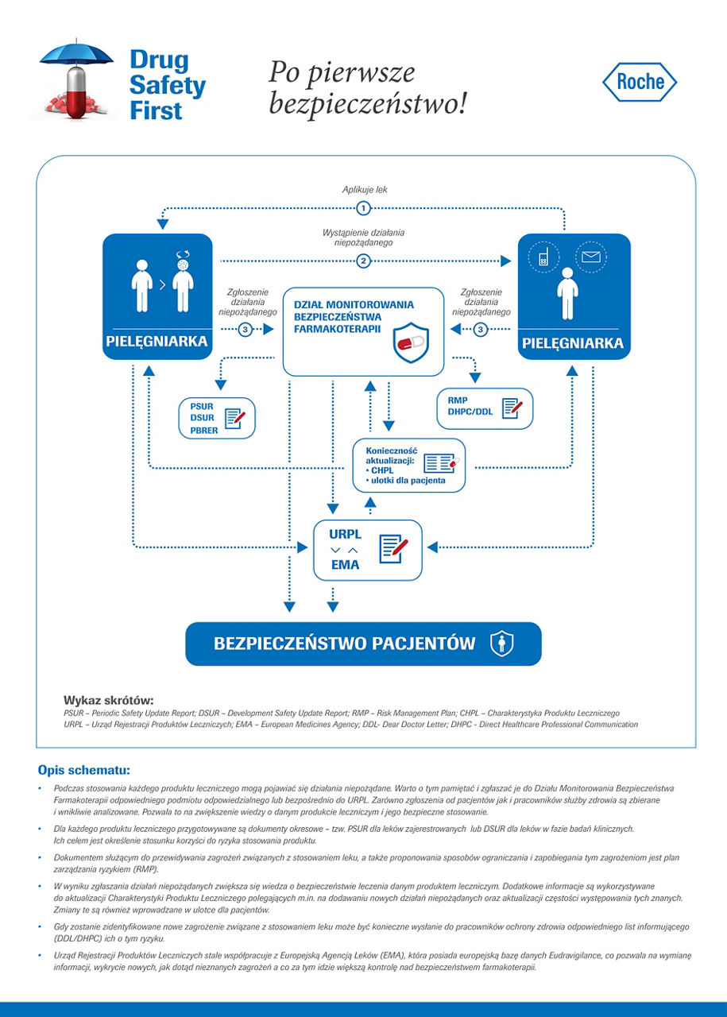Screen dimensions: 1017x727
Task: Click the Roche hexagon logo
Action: coord(640,82)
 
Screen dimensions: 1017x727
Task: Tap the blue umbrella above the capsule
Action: coord(77,54)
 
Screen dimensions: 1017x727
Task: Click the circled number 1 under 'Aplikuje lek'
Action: coord(364,208)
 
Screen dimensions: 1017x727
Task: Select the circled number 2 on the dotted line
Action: coord(364,260)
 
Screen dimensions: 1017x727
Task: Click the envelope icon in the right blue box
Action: coord(591,257)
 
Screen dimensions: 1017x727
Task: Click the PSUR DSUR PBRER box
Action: coord(217,417)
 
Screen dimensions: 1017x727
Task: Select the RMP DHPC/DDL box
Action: coord(485,408)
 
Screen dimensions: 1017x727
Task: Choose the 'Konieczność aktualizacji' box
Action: coord(408,465)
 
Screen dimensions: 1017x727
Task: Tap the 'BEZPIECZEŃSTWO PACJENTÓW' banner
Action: coord(363,644)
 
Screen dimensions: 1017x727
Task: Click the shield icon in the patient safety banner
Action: coord(501,644)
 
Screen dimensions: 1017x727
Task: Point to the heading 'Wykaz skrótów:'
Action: coord(108,700)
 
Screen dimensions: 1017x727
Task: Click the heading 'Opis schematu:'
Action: coord(83,770)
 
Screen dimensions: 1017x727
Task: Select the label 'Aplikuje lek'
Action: coord(365,190)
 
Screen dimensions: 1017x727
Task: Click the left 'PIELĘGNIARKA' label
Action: coord(157,342)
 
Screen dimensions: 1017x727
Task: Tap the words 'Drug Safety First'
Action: coord(167,84)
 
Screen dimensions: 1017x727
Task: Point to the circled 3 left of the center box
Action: coord(246,330)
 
